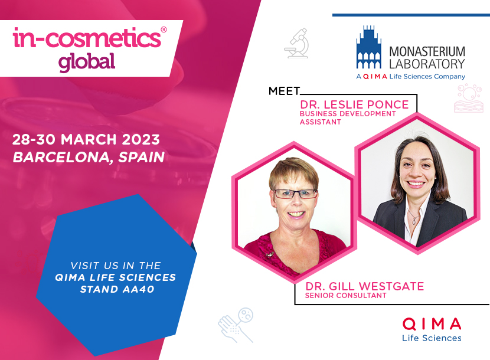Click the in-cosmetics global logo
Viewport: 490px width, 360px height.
[x=89, y=49]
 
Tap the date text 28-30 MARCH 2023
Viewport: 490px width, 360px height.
[x=86, y=139]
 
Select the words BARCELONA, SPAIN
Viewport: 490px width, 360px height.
[x=89, y=157]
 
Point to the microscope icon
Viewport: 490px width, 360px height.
[x=296, y=43]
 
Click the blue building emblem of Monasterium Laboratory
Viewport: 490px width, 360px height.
[x=369, y=47]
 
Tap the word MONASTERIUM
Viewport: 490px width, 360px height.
[x=427, y=51]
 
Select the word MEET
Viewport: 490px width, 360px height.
[x=284, y=91]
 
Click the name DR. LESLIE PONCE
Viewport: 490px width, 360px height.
[x=354, y=104]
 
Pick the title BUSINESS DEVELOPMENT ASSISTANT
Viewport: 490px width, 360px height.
[x=348, y=118]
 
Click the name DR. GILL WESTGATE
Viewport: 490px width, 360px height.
[x=364, y=286]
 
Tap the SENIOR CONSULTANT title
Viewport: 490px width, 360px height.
[x=345, y=296]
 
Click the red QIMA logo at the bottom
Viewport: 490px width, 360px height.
[x=432, y=324]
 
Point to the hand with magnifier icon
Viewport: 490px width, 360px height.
[x=236, y=325]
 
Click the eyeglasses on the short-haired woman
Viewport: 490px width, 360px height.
[x=295, y=194]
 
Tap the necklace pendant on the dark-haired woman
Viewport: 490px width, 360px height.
[x=414, y=221]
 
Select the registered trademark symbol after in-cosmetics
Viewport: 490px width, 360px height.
[x=164, y=30]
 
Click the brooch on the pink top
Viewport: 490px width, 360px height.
[x=270, y=254]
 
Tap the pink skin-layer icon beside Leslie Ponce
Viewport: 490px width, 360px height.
[x=468, y=98]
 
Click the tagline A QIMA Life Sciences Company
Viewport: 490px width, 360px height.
[x=411, y=76]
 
